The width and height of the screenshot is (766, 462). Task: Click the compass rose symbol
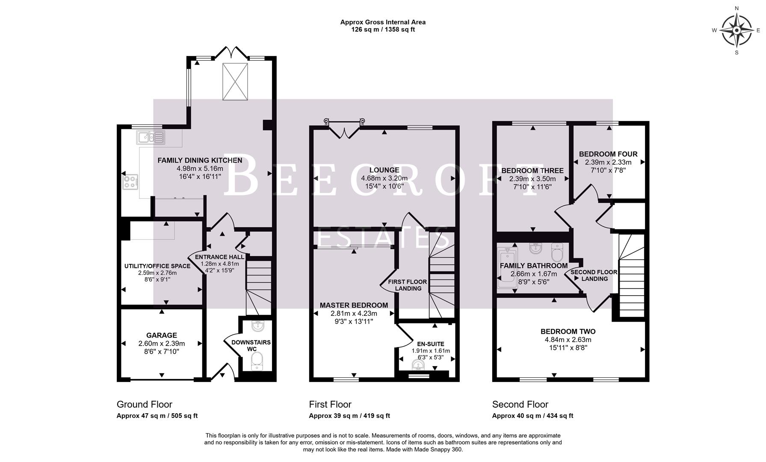[736, 30]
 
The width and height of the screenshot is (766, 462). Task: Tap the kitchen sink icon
[151, 137]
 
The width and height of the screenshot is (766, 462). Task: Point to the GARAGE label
[161, 335]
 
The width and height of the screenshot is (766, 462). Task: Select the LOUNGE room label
[384, 170]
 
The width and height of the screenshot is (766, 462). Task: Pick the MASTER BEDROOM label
[354, 305]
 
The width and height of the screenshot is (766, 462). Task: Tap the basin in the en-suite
[418, 365]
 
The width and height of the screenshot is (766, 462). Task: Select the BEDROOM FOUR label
[608, 154]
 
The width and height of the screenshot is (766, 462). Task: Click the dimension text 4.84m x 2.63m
[568, 340]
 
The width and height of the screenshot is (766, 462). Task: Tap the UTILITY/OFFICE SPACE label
[157, 266]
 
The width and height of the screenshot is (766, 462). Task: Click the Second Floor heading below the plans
[520, 404]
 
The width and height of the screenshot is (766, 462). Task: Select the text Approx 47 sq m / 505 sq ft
[157, 416]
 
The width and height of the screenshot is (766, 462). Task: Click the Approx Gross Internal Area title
[383, 22]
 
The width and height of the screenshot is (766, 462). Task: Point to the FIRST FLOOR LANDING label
[407, 285]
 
